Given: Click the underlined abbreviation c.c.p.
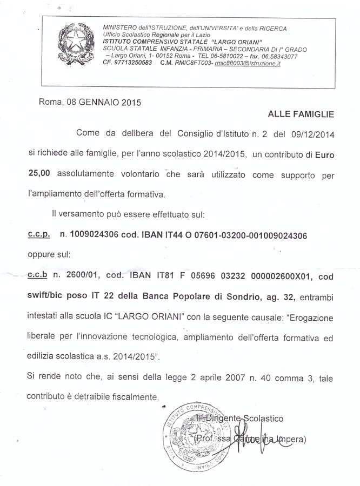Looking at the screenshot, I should click(38, 235).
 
